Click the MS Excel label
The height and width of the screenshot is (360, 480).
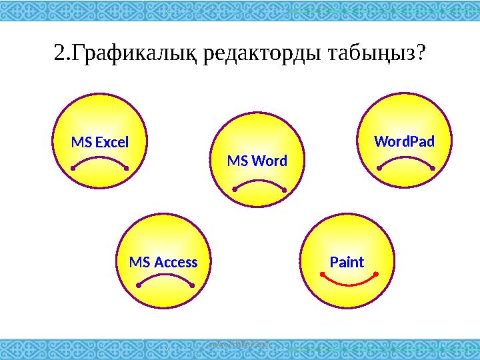99,142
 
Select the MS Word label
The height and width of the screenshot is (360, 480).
257,161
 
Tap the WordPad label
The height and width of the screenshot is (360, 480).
405,142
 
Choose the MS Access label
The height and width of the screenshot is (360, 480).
163,262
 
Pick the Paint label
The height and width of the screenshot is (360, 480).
347,262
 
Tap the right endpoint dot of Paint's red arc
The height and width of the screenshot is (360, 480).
376,273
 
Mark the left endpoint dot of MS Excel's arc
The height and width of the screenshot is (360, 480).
73,169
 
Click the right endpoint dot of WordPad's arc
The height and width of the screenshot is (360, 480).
433,169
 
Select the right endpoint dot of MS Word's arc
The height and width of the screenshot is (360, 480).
284,191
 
